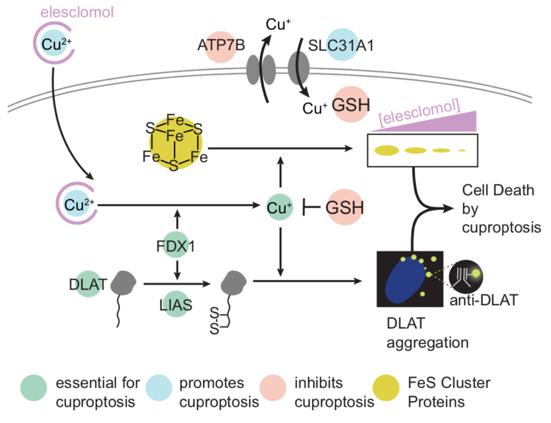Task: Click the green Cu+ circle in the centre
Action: point(280,207)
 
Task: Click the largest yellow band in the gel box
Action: point(387,150)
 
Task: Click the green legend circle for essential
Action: point(33,391)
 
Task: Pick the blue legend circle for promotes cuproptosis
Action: point(158,391)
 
